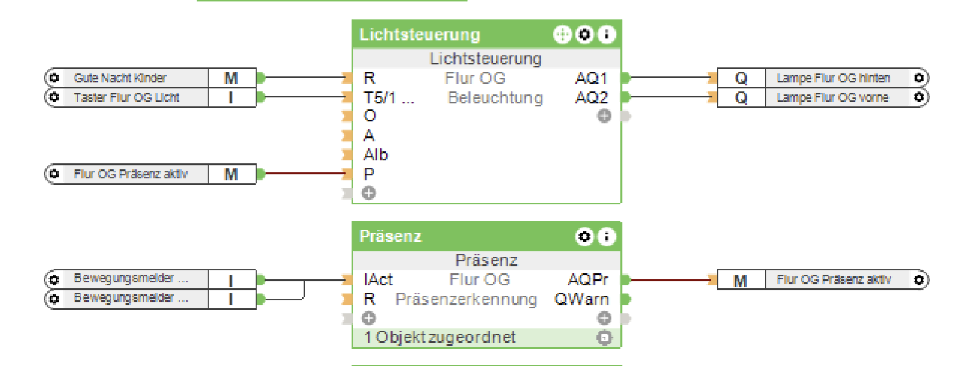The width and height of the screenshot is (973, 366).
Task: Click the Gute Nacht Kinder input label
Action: [x=120, y=78]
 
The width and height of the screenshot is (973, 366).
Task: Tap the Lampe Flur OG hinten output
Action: [x=833, y=78]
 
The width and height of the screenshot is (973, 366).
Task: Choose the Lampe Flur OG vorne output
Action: [x=832, y=97]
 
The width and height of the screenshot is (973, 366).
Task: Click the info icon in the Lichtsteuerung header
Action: [x=606, y=35]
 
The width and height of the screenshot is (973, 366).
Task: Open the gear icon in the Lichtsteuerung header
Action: [x=584, y=35]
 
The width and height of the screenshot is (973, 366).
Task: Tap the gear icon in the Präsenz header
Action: [x=584, y=236]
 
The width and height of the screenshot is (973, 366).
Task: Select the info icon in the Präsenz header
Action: [x=606, y=236]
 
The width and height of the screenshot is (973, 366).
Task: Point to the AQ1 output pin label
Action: [x=591, y=78]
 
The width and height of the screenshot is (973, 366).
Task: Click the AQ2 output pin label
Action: [x=591, y=97]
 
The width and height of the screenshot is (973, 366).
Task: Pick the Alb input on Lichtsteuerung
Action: [x=376, y=155]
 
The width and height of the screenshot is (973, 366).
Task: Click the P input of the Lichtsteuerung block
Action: [x=369, y=174]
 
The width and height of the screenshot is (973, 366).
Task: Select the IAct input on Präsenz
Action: [x=377, y=280]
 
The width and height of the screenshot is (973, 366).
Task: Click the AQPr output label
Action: [x=587, y=280]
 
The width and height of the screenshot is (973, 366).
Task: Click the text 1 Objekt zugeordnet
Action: [x=440, y=337]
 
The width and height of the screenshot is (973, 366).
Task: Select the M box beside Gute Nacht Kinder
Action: [x=231, y=78]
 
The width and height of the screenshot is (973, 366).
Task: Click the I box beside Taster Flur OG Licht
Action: [x=231, y=97]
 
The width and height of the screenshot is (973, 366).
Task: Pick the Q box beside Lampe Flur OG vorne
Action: [x=741, y=97]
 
